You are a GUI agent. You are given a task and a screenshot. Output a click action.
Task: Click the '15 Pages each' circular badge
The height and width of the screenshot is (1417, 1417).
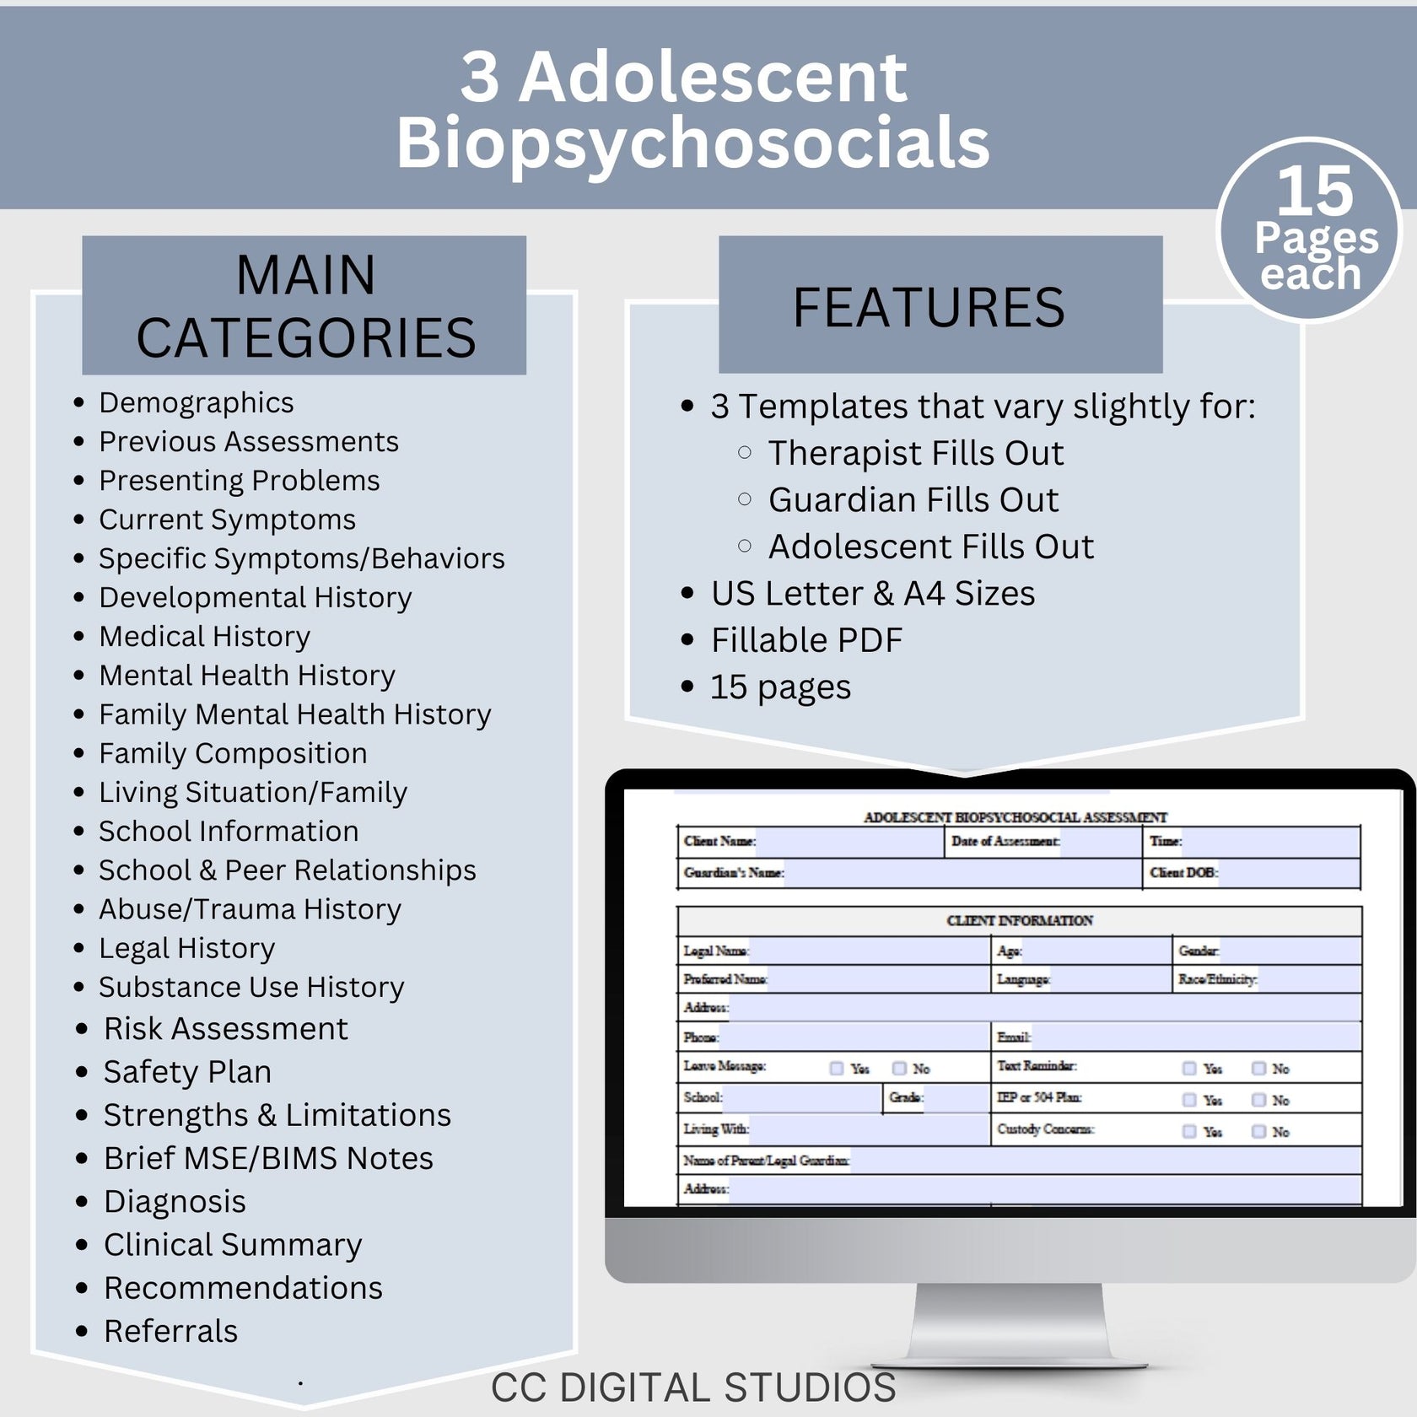(x=1310, y=229)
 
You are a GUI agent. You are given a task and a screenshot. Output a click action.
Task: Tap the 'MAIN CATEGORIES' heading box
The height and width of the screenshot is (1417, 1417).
(x=304, y=305)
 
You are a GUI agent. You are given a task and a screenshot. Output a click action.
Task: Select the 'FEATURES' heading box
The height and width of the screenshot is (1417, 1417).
(x=940, y=305)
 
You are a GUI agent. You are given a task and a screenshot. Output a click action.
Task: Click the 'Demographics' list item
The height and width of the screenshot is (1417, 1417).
(x=196, y=402)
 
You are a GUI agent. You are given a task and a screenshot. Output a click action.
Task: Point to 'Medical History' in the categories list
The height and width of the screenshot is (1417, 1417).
(x=204, y=636)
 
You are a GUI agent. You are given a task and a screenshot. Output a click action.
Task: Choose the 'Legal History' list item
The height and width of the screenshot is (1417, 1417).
(x=186, y=948)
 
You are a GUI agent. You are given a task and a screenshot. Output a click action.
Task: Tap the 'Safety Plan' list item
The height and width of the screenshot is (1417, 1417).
(x=187, y=1071)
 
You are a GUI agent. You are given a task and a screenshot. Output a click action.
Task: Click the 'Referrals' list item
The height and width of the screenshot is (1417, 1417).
(x=170, y=1331)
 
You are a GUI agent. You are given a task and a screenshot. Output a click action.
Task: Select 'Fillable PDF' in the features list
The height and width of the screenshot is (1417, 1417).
(x=806, y=640)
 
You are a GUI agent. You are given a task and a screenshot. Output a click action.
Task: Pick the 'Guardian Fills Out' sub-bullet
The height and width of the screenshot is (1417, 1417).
(x=913, y=500)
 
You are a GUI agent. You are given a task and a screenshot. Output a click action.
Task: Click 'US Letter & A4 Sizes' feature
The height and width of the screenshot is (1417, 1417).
(x=872, y=594)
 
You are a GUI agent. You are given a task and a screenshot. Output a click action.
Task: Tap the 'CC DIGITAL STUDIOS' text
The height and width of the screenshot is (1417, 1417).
(x=693, y=1387)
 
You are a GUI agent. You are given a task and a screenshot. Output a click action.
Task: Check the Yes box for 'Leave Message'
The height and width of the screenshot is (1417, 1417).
(x=837, y=1069)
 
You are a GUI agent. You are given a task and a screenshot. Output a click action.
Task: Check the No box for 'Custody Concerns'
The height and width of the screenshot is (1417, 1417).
(x=1259, y=1131)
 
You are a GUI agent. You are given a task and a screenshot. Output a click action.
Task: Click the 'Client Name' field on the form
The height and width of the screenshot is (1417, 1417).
(x=848, y=842)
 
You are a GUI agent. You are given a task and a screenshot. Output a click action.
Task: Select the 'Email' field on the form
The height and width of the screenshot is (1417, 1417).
(x=1193, y=1037)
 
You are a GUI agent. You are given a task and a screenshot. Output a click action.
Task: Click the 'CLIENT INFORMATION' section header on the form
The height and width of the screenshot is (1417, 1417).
(x=1019, y=920)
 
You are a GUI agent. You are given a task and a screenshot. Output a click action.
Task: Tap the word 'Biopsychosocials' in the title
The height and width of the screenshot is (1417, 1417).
(x=693, y=143)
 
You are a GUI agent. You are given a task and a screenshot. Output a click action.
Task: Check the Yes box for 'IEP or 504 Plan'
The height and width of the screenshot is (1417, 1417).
(x=1189, y=1100)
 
